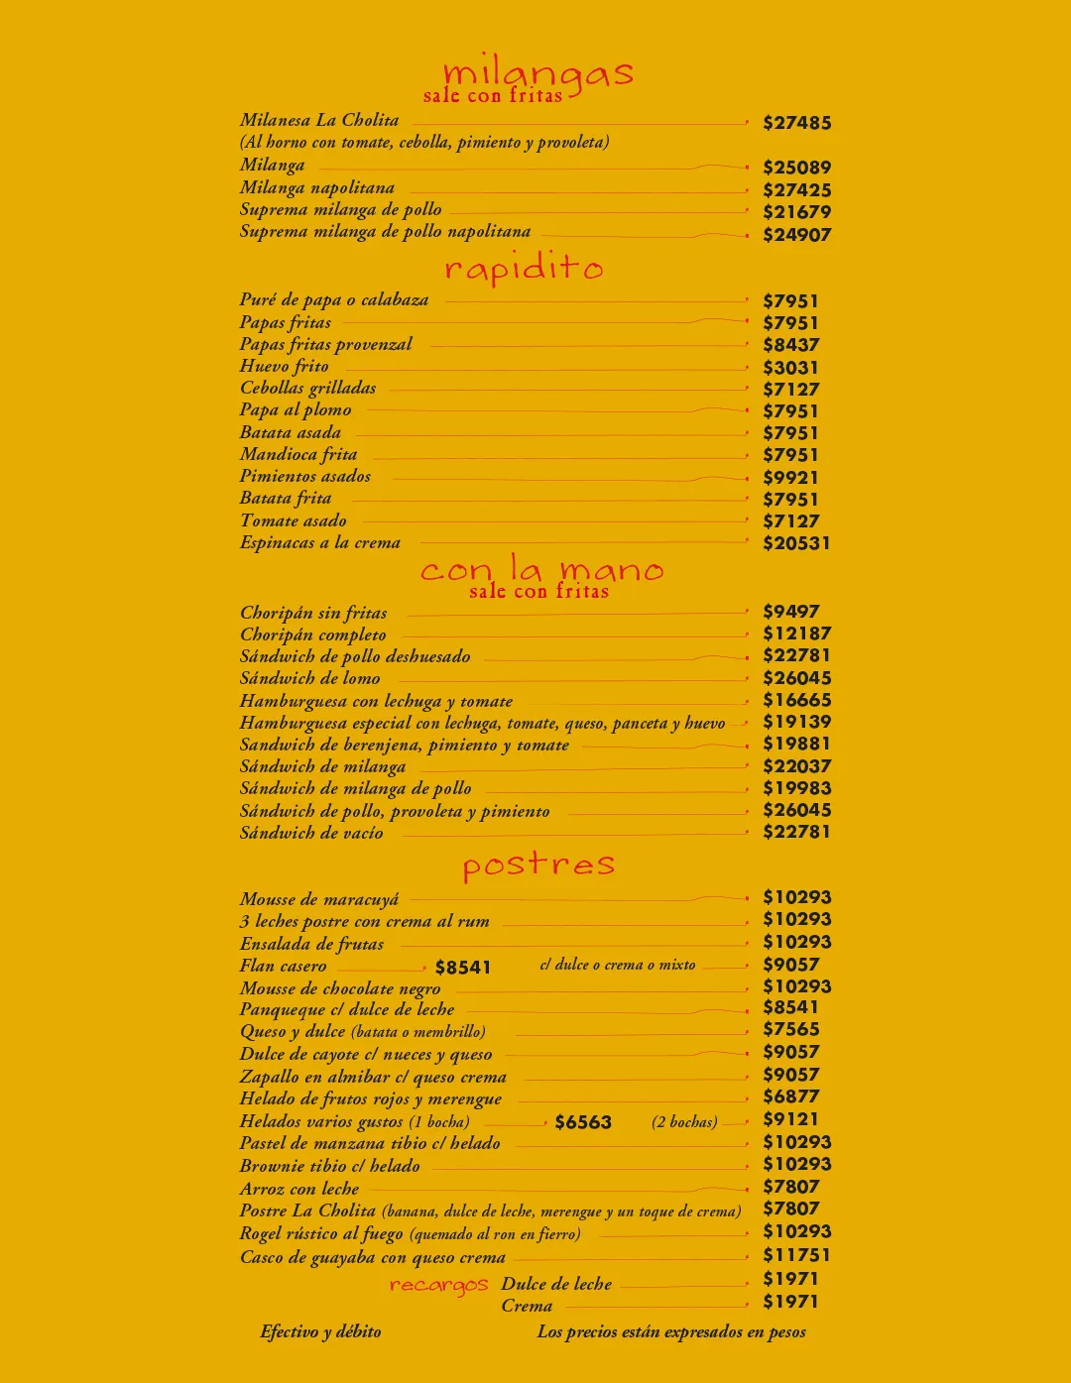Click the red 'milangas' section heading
[537, 73]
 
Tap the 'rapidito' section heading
[524, 268]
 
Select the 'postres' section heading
[538, 865]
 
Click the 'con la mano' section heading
[541, 569]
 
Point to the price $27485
[797, 123]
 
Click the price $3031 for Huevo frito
[790, 367]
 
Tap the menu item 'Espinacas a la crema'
[320, 542]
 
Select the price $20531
[796, 543]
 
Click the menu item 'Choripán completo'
[313, 634]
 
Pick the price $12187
[796, 634]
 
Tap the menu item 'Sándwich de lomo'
[310, 678]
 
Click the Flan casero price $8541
[463, 968]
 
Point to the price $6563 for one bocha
[583, 1122]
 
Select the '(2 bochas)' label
[684, 1122]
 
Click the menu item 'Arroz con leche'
[299, 1189]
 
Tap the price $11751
[796, 1255]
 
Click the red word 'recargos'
[438, 1285]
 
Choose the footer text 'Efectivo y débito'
[320, 1331]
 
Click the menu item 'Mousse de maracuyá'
[319, 899]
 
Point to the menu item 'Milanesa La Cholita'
[319, 120]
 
